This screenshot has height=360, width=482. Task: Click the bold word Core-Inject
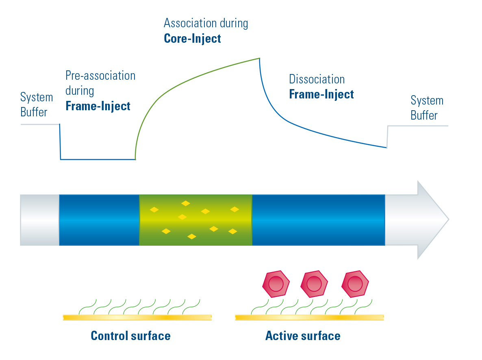[192, 39]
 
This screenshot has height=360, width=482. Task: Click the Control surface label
[130, 336]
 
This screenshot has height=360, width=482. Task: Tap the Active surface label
[303, 336]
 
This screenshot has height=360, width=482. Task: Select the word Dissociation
[317, 79]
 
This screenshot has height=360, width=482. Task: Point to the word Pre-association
[100, 76]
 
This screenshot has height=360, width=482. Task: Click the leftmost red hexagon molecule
[276, 284]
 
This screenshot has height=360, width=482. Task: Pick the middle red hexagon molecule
[314, 284]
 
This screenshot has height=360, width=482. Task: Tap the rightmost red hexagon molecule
[355, 284]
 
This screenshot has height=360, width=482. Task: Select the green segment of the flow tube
[195, 220]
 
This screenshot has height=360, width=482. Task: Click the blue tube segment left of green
[99, 220]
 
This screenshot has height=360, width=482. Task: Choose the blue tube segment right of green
[318, 220]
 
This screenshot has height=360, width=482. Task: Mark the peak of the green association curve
[258, 59]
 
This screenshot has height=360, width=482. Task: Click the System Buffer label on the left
[37, 105]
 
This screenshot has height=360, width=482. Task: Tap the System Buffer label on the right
[426, 108]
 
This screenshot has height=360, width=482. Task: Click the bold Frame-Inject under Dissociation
[321, 94]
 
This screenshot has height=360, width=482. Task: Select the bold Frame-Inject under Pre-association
[98, 106]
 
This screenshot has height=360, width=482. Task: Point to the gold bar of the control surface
[137, 317]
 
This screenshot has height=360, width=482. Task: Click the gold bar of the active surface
[309, 317]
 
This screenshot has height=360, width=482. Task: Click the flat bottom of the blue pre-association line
[98, 159]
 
